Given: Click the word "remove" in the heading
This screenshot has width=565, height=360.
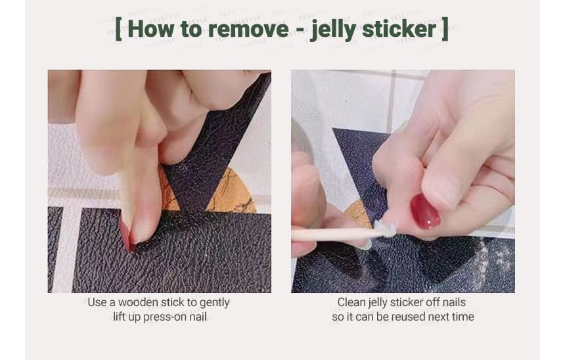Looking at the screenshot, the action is pyautogui.click(x=248, y=29).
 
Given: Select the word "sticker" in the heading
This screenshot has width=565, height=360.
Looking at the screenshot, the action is pyautogui.click(x=399, y=29).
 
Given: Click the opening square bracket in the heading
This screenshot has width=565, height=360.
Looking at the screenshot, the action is pyautogui.click(x=118, y=29).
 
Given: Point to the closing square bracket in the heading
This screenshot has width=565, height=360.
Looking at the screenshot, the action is pyautogui.click(x=445, y=29).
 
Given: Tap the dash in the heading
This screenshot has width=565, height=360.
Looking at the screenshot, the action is pyautogui.click(x=300, y=30).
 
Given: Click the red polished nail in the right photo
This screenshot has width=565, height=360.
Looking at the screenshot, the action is pyautogui.click(x=425, y=212).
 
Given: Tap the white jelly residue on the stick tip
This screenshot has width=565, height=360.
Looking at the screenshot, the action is pyautogui.click(x=386, y=229).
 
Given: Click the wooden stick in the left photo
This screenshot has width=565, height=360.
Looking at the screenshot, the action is pyautogui.click(x=126, y=194).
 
